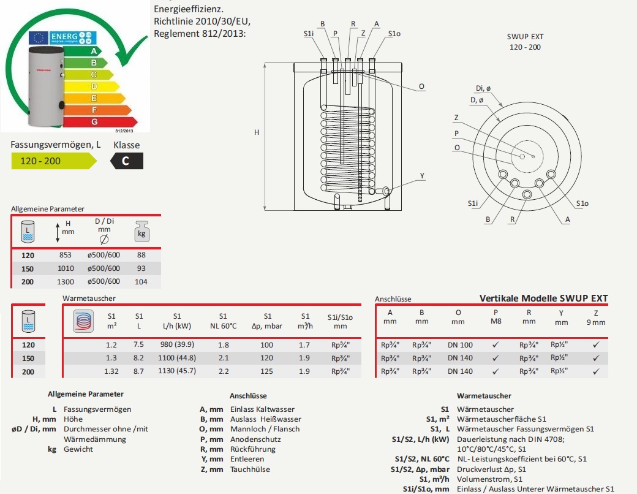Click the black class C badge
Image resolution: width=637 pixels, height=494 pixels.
[x=127, y=161]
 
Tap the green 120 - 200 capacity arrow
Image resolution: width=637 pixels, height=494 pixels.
[x=53, y=161]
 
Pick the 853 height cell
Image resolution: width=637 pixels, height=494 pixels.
[x=66, y=255]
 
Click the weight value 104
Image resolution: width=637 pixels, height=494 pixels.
[x=141, y=281]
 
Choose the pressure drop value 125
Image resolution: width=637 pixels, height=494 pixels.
[x=266, y=371]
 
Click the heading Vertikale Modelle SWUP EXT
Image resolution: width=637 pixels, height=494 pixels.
[x=543, y=298]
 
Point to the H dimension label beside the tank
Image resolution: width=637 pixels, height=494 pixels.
[x=257, y=132]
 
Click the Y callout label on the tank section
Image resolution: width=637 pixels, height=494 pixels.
[x=422, y=176]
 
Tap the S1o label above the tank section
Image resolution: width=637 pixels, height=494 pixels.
[x=394, y=33]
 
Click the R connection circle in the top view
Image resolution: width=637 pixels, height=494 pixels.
[x=527, y=194]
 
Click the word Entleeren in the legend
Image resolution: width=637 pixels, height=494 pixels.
[x=247, y=459]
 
